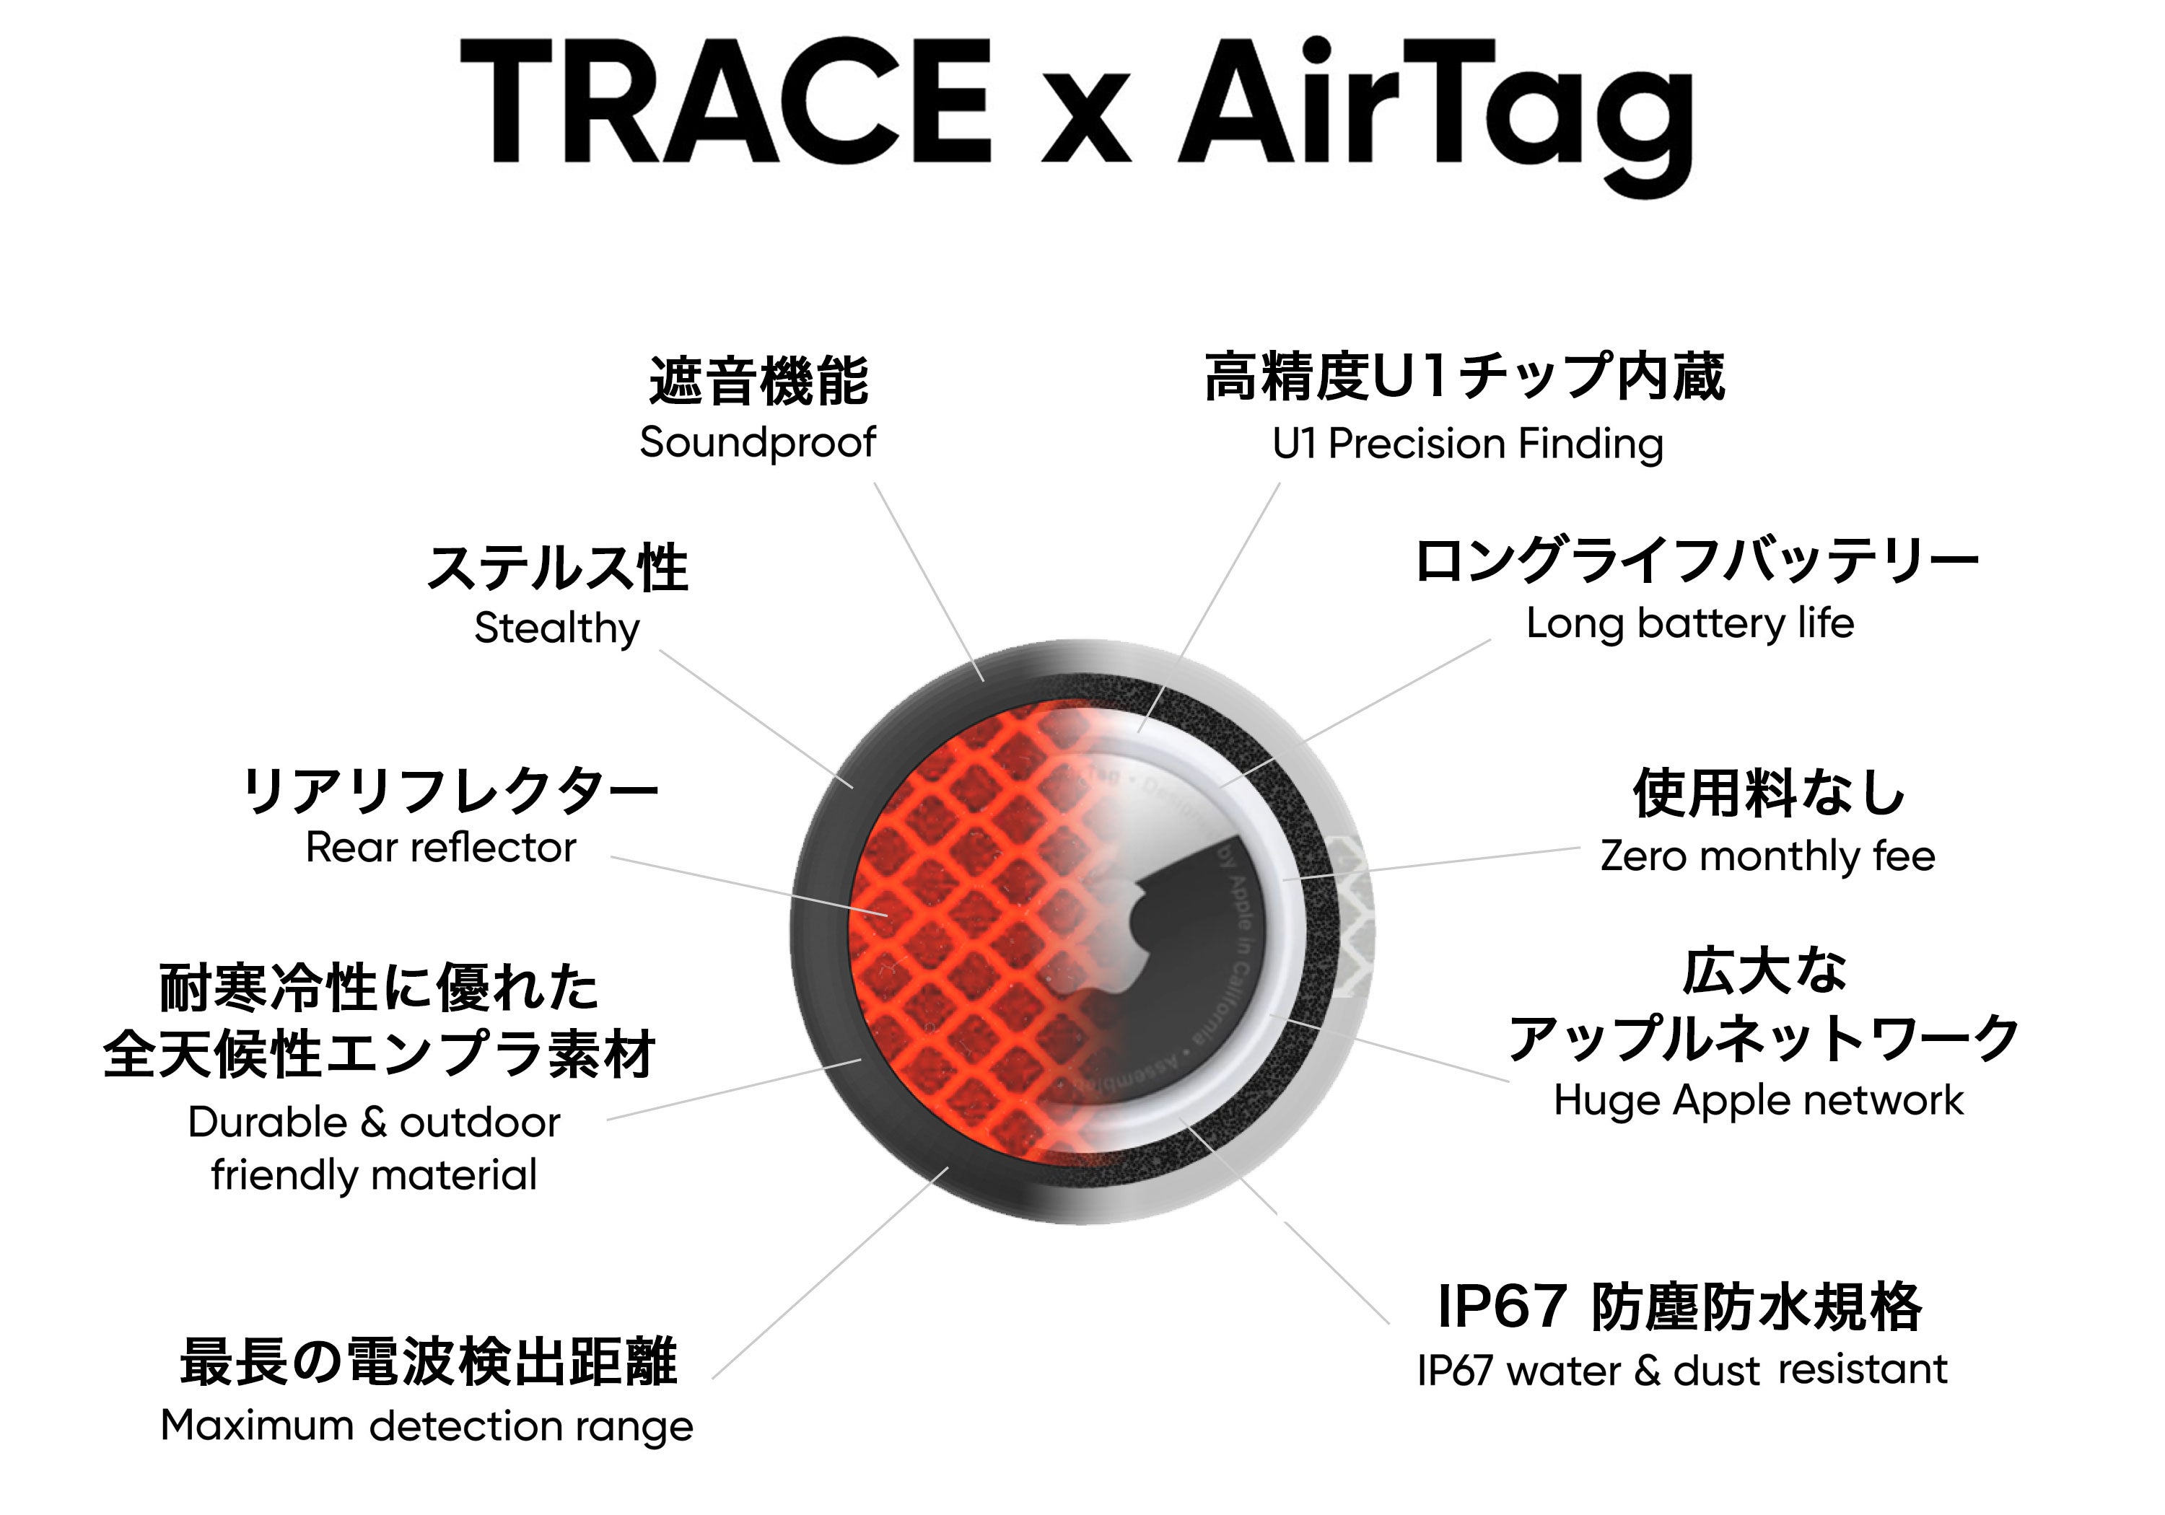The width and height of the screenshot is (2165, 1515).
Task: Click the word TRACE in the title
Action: click(x=726, y=102)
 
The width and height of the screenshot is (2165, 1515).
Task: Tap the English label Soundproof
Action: click(x=757, y=442)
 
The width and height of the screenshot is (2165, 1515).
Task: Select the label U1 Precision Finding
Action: click(x=1467, y=444)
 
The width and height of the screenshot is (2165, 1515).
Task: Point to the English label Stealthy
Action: click(x=556, y=628)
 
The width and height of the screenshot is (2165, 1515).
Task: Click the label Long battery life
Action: click(x=1689, y=624)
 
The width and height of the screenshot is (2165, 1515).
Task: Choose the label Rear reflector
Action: click(x=440, y=848)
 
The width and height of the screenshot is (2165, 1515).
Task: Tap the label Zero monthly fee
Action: click(x=1767, y=856)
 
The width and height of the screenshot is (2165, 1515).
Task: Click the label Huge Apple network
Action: click(x=1759, y=1101)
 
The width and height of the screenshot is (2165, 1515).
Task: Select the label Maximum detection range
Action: click(x=427, y=1426)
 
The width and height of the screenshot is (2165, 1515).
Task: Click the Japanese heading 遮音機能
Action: click(x=758, y=381)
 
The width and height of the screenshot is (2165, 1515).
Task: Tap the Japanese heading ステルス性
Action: click(x=557, y=568)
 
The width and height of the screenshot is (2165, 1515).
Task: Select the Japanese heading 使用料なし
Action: click(x=1769, y=793)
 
